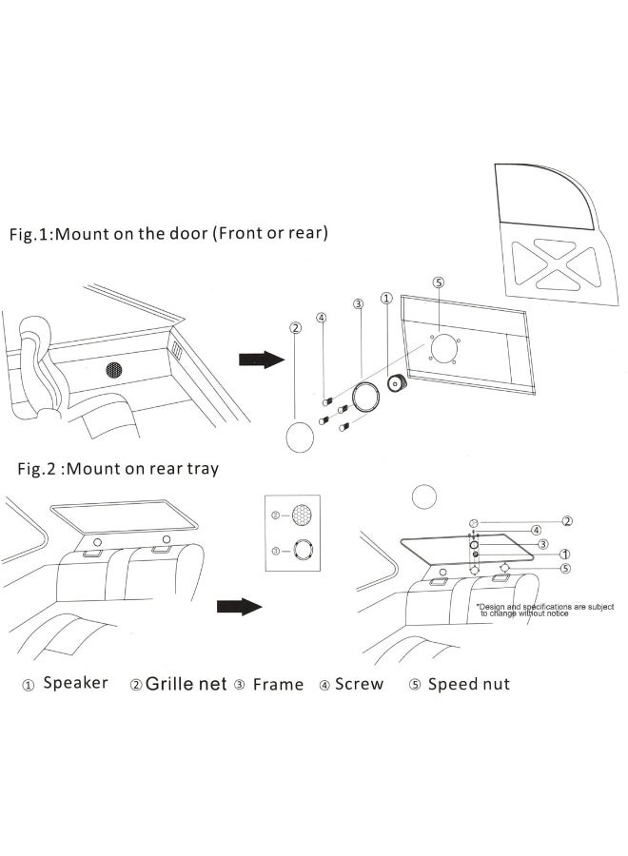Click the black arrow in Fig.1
pos(261,359)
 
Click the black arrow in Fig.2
pos(237,607)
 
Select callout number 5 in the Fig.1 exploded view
pos(438,282)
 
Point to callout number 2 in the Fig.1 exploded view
pos(296,327)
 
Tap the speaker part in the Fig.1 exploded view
pos(395,384)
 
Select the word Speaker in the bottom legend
pos(75,683)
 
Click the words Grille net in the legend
pos(186,684)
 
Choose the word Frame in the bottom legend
pos(278,684)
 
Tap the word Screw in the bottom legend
pos(359,684)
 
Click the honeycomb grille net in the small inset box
pos(303,515)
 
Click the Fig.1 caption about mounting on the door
pos(168,234)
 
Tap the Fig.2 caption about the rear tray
pos(118,469)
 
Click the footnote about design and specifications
pos(545,610)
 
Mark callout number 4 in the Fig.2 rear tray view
pos(537,530)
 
